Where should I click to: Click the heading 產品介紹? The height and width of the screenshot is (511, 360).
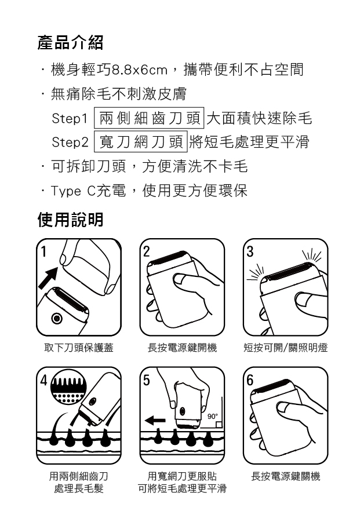(71, 43)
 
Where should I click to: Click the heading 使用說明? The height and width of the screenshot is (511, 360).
(71, 220)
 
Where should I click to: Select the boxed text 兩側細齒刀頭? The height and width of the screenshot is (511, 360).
(150, 118)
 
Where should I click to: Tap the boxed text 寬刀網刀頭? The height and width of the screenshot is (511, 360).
(141, 141)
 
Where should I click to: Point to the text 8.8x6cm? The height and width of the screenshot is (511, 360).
(140, 70)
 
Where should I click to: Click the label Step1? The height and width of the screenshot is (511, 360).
(70, 119)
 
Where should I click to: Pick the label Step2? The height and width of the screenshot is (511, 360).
(70, 143)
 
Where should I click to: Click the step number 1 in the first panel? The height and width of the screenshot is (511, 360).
(43, 251)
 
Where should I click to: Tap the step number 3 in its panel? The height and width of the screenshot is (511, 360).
(250, 251)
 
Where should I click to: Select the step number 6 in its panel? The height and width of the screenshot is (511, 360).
(250, 380)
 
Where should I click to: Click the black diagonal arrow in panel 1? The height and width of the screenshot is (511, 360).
(48, 278)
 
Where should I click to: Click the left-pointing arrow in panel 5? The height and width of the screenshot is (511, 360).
(155, 421)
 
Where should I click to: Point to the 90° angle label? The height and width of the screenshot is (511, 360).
(212, 417)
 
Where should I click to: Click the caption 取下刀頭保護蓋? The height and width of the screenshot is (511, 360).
(79, 348)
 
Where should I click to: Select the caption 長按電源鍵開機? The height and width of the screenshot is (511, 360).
(182, 348)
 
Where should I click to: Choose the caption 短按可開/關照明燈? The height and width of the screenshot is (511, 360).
(286, 348)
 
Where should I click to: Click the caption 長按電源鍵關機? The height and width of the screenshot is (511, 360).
(286, 476)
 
